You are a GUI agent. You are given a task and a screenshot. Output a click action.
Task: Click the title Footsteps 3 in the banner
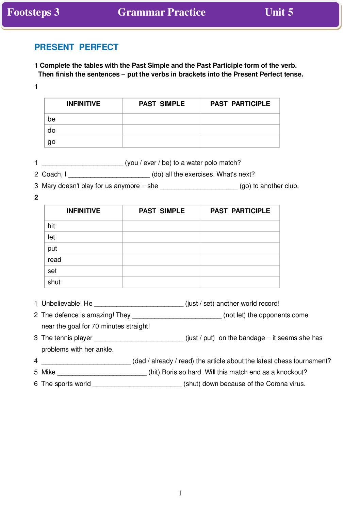[x=33, y=12]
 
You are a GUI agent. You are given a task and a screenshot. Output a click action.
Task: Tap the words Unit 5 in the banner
[x=279, y=12]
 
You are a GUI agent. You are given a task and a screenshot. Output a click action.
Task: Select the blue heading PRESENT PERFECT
[x=77, y=47]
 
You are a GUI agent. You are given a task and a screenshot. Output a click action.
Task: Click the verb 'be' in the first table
[x=51, y=119]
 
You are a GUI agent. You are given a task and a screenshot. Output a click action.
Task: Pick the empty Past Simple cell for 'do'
[x=162, y=131]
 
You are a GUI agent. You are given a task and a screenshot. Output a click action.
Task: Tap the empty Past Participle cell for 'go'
[x=240, y=142]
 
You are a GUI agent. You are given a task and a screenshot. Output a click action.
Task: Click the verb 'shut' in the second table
[x=54, y=282]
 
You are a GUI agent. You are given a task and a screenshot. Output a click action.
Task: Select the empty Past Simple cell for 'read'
[x=162, y=260]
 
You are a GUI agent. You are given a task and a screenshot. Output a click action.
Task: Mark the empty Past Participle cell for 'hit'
[x=240, y=226]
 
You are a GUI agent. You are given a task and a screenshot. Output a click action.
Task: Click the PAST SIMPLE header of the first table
[x=162, y=104]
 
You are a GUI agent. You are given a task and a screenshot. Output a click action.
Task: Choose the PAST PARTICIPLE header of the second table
[x=240, y=211]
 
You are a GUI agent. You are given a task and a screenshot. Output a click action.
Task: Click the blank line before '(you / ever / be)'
[x=82, y=164]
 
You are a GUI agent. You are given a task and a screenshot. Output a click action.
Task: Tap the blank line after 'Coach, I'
[x=109, y=175]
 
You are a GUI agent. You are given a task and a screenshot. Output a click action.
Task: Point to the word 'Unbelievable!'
[x=62, y=304]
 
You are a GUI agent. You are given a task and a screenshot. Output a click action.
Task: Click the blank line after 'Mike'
[x=102, y=373]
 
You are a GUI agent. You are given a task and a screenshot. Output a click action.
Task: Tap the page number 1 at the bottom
[x=180, y=493]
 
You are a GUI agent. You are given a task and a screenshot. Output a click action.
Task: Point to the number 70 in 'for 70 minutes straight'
[x=96, y=326]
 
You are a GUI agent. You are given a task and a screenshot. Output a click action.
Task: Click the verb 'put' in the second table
[x=52, y=249]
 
